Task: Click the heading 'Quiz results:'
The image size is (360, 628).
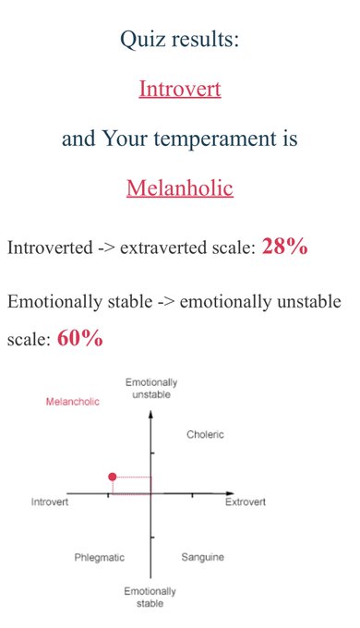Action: tap(180, 39)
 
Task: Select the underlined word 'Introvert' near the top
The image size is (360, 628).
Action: tap(180, 89)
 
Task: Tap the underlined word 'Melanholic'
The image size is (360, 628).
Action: tap(180, 187)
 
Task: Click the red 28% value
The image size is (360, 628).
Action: tap(284, 246)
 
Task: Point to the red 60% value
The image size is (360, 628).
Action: tap(80, 338)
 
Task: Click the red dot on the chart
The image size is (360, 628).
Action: tap(113, 477)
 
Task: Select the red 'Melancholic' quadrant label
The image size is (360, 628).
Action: tap(73, 402)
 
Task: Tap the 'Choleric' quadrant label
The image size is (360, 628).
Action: tap(205, 434)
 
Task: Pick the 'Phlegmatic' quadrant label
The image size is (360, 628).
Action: tap(100, 558)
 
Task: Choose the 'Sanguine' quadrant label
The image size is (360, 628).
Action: tap(203, 557)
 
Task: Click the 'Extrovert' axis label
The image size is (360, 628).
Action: tap(245, 501)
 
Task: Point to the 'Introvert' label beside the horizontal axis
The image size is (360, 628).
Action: tap(50, 501)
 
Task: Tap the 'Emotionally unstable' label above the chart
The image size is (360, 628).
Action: tap(151, 388)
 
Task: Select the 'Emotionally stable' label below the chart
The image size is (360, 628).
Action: tap(150, 598)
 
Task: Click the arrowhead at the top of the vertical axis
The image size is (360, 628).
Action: tap(150, 414)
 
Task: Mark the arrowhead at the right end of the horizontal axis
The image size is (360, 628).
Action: tap(230, 493)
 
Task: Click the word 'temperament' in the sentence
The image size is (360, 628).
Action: tap(214, 139)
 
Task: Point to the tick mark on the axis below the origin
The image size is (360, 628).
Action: tap(151, 537)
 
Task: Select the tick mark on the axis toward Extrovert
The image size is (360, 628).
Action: tap(192, 495)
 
